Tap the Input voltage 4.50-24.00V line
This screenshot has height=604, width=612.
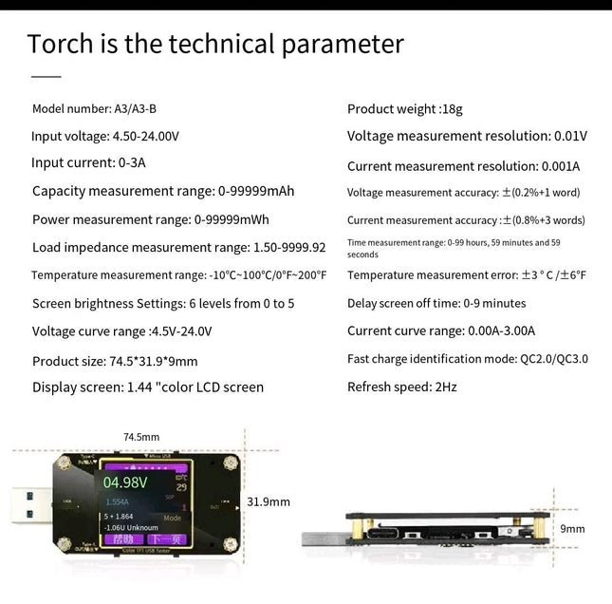coord(105,136)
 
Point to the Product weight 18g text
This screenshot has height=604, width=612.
coord(405,109)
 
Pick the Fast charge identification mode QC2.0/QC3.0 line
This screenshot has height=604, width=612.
coord(468,359)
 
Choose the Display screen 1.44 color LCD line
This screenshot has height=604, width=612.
coord(148,387)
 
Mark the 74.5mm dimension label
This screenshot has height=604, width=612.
coord(141,437)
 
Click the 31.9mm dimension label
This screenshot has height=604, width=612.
coord(269,501)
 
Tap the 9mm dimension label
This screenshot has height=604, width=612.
coord(572,529)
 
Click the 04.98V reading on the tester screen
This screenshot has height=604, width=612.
coord(125,481)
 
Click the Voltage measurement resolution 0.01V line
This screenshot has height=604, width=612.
coord(467,136)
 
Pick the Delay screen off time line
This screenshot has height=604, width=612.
coord(436,303)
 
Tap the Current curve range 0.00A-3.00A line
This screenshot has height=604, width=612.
coord(441,331)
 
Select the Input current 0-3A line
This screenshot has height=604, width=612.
coord(89,162)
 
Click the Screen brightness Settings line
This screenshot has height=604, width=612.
coord(163,304)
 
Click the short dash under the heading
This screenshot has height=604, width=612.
coord(46,75)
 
